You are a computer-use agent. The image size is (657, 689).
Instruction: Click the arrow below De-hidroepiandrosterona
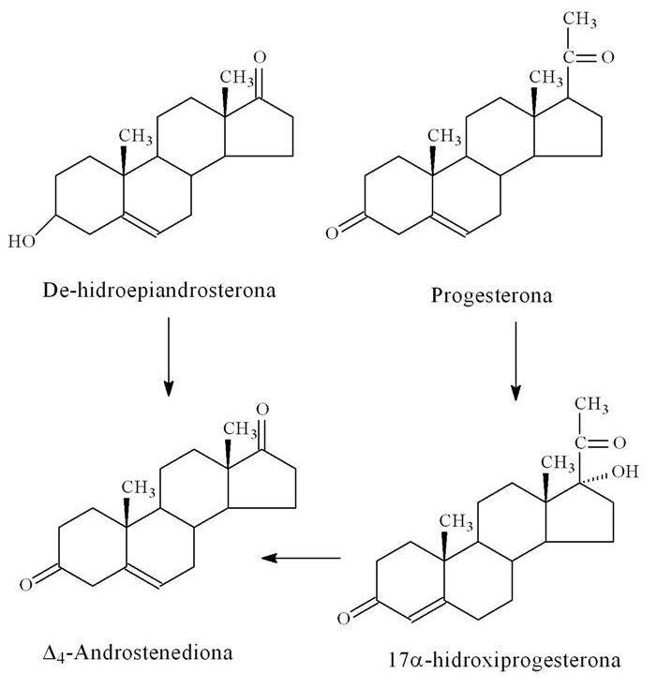168,355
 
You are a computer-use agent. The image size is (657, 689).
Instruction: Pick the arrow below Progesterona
515,360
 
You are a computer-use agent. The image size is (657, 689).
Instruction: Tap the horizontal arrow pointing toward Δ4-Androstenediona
301,559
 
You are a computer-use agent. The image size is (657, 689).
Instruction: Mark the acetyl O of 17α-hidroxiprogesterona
619,440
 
